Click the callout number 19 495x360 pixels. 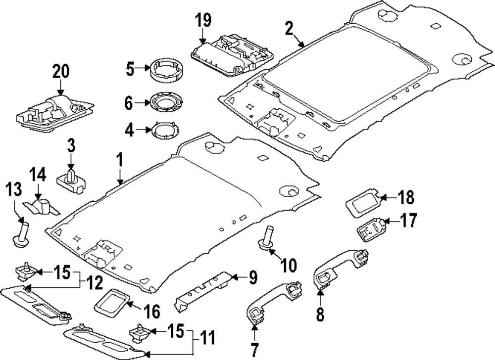pos(203,21)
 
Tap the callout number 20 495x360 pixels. pos(61,72)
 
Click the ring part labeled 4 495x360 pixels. pos(165,131)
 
